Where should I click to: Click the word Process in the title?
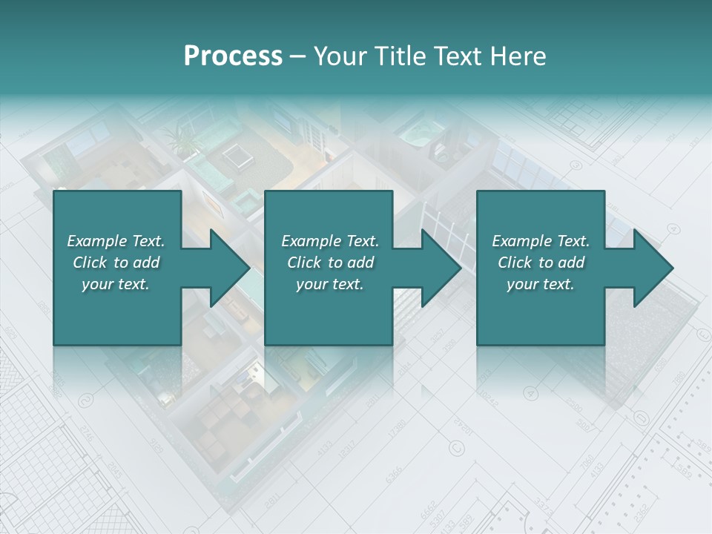click(233, 56)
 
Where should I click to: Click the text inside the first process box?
click(116, 263)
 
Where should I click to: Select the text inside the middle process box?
click(330, 263)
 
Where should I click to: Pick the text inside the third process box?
click(541, 263)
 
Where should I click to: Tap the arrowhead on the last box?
click(653, 268)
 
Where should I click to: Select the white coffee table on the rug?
click(237, 155)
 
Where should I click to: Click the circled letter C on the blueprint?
click(455, 447)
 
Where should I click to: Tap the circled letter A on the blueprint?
click(530, 392)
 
